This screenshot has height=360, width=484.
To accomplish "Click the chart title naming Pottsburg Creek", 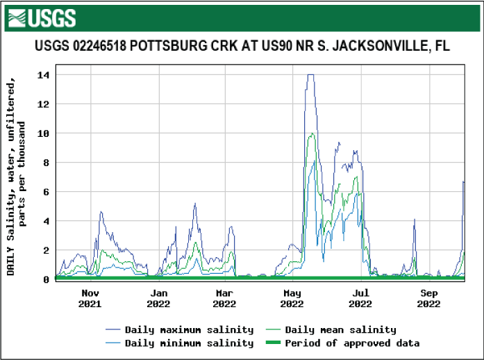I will pyautogui.click(x=242, y=47).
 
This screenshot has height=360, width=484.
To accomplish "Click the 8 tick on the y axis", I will pyautogui.click(x=46, y=163).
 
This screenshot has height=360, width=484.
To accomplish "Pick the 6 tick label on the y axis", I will pyautogui.click(x=46, y=192).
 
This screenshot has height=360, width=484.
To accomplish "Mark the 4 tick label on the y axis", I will pyautogui.click(x=46, y=221).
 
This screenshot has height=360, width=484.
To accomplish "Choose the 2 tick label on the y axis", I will pyautogui.click(x=46, y=250).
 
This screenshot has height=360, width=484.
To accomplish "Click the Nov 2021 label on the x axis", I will pyautogui.click(x=90, y=298).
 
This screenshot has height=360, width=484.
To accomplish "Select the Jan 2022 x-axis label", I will pyautogui.click(x=158, y=298).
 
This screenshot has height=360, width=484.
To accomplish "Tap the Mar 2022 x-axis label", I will pyautogui.click(x=224, y=298).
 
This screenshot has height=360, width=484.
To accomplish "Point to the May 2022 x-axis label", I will pyautogui.click(x=292, y=298).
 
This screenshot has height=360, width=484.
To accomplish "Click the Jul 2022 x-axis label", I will pyautogui.click(x=360, y=298).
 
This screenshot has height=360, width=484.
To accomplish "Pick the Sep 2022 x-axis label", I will pyautogui.click(x=429, y=298).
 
